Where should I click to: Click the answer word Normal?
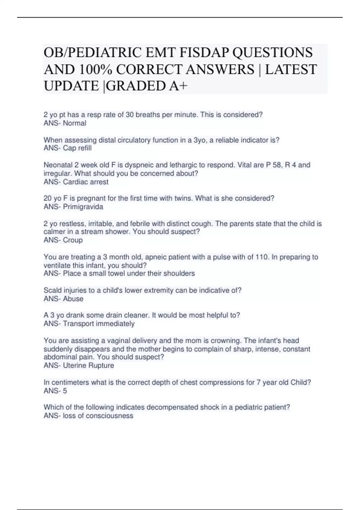(74, 123)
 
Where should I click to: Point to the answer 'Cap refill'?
(77, 148)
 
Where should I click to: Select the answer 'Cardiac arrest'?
(85, 182)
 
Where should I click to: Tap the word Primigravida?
(83, 207)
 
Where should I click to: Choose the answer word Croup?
(73, 240)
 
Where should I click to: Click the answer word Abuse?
(73, 299)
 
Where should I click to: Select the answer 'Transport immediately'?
(98, 324)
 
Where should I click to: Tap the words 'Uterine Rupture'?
(88, 366)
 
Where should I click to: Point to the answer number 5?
(65, 391)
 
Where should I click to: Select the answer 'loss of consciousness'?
(98, 416)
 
